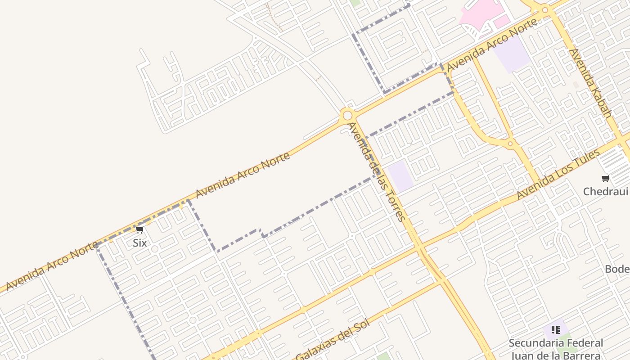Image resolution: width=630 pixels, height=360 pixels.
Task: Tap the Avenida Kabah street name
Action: coord(590,83)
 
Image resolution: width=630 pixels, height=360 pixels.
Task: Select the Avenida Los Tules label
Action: coord(558,175)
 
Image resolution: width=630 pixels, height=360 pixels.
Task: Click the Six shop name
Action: coord(139,243)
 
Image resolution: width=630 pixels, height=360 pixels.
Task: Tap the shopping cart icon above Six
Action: coord(139,230)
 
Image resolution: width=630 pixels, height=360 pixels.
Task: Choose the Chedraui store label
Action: coord(605,192)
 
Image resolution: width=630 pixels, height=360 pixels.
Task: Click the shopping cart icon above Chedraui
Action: coord(605,179)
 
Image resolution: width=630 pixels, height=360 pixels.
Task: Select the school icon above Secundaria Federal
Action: coord(555,330)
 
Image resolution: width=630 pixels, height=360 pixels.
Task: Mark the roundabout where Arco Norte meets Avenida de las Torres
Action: coord(347,115)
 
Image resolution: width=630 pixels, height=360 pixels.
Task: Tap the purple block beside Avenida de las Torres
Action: coord(400,176)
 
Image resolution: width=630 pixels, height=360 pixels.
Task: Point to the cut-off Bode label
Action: coord(617,269)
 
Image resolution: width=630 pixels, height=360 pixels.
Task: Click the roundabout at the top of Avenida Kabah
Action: coord(545,10)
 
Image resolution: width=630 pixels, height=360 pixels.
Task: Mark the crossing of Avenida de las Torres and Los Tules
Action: coord(419,247)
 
